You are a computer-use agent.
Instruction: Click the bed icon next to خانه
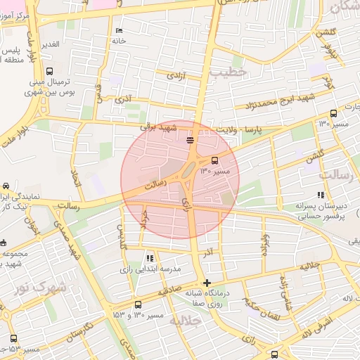pyautogui.click(x=118, y=31)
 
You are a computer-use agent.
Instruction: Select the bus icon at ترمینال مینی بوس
pyautogui.click(x=49, y=71)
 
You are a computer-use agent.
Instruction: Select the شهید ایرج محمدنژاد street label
pyautogui.click(x=279, y=105)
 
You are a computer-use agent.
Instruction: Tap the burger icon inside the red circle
pyautogui.click(x=190, y=141)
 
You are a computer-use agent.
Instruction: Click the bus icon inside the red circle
pyautogui.click(x=214, y=160)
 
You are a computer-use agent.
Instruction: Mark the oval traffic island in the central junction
pyautogui.click(x=189, y=169)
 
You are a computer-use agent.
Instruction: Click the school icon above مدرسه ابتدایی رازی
pyautogui.click(x=150, y=258)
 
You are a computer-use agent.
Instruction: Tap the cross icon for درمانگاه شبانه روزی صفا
pyautogui.click(x=206, y=283)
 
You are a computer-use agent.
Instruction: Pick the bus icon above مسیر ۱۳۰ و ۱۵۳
pyautogui.click(x=137, y=305)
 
